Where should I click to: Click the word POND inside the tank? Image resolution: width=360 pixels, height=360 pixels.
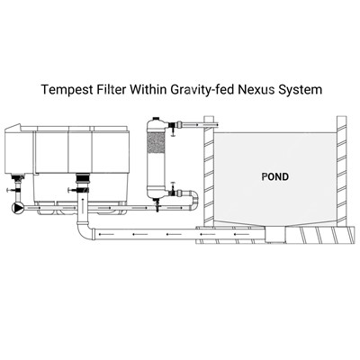275,176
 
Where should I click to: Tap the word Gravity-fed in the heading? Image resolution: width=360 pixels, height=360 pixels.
202,90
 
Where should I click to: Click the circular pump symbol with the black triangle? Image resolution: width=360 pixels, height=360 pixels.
18,208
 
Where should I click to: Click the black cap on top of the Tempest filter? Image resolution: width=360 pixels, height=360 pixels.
156,119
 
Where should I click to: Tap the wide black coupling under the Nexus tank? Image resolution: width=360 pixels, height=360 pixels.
82,179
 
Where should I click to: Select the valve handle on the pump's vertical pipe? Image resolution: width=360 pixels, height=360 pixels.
10,190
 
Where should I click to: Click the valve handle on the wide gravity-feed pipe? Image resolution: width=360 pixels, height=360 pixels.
72,190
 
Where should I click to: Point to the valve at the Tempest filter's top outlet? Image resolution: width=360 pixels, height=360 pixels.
173,127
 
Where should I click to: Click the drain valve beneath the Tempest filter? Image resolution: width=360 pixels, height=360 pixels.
157,204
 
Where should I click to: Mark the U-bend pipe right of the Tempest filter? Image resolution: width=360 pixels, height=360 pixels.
193,201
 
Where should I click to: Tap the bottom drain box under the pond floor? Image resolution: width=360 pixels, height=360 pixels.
275,234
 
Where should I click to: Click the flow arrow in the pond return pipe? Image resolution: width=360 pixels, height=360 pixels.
197,124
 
